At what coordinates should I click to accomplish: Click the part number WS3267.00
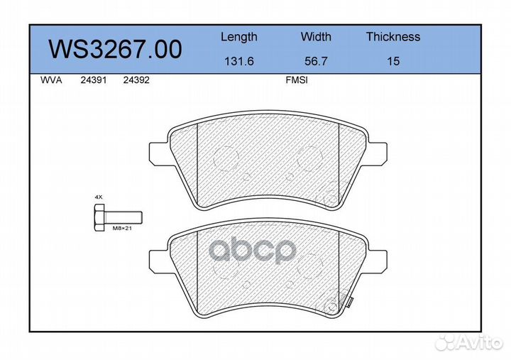click(116, 49)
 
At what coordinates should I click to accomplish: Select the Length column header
click(239, 37)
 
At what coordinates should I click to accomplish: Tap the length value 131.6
click(239, 61)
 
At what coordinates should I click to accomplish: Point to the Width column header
click(316, 36)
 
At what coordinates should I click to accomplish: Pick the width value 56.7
click(316, 61)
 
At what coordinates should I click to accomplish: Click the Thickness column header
click(393, 36)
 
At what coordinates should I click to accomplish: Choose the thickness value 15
click(393, 61)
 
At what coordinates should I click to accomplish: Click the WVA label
click(51, 80)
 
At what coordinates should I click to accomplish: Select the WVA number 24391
click(94, 80)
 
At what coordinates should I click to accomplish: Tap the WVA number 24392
click(136, 80)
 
